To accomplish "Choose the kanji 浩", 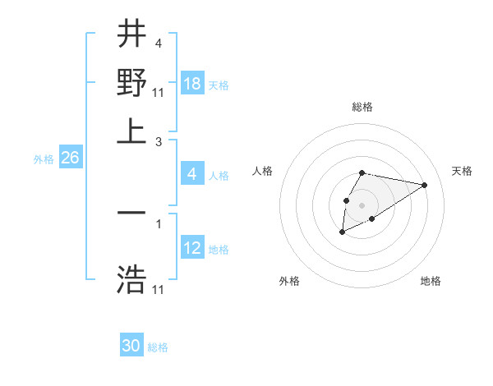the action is coord(131,279).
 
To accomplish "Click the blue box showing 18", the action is coord(192,83).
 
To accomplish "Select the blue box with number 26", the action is coord(70,158).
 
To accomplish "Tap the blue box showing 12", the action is coord(192,248).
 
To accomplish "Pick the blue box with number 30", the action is coord(131,346).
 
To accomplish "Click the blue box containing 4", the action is coord(192,174).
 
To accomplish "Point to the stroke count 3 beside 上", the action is coord(159,141).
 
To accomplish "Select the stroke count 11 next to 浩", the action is coord(159,290).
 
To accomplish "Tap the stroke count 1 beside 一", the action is coord(159,223).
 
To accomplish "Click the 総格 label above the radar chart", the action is coord(362,107).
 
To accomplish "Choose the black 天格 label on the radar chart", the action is coord(462,171).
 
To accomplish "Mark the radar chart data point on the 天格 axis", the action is coord(425,184).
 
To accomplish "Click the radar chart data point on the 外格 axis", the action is coord(342,232).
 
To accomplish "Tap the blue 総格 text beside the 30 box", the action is coord(158,347).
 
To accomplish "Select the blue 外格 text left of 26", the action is coord(43,159).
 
